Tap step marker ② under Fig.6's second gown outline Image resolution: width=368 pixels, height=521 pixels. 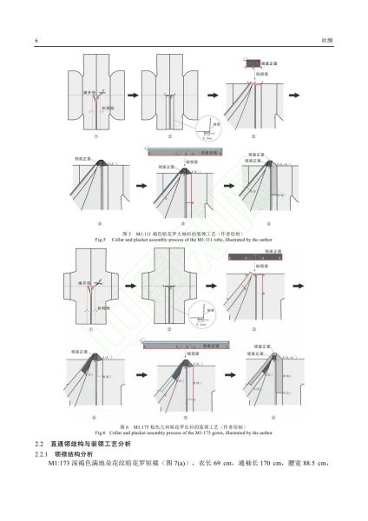coord(172,331)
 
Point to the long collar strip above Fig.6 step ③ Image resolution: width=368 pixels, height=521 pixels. coord(260,258)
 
